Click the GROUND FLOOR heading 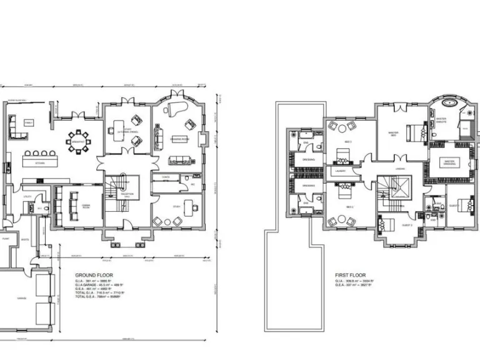coord(93,274)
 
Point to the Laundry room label coord(340,169)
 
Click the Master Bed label coord(393,132)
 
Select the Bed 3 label coord(348,142)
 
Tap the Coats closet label coord(166,177)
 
